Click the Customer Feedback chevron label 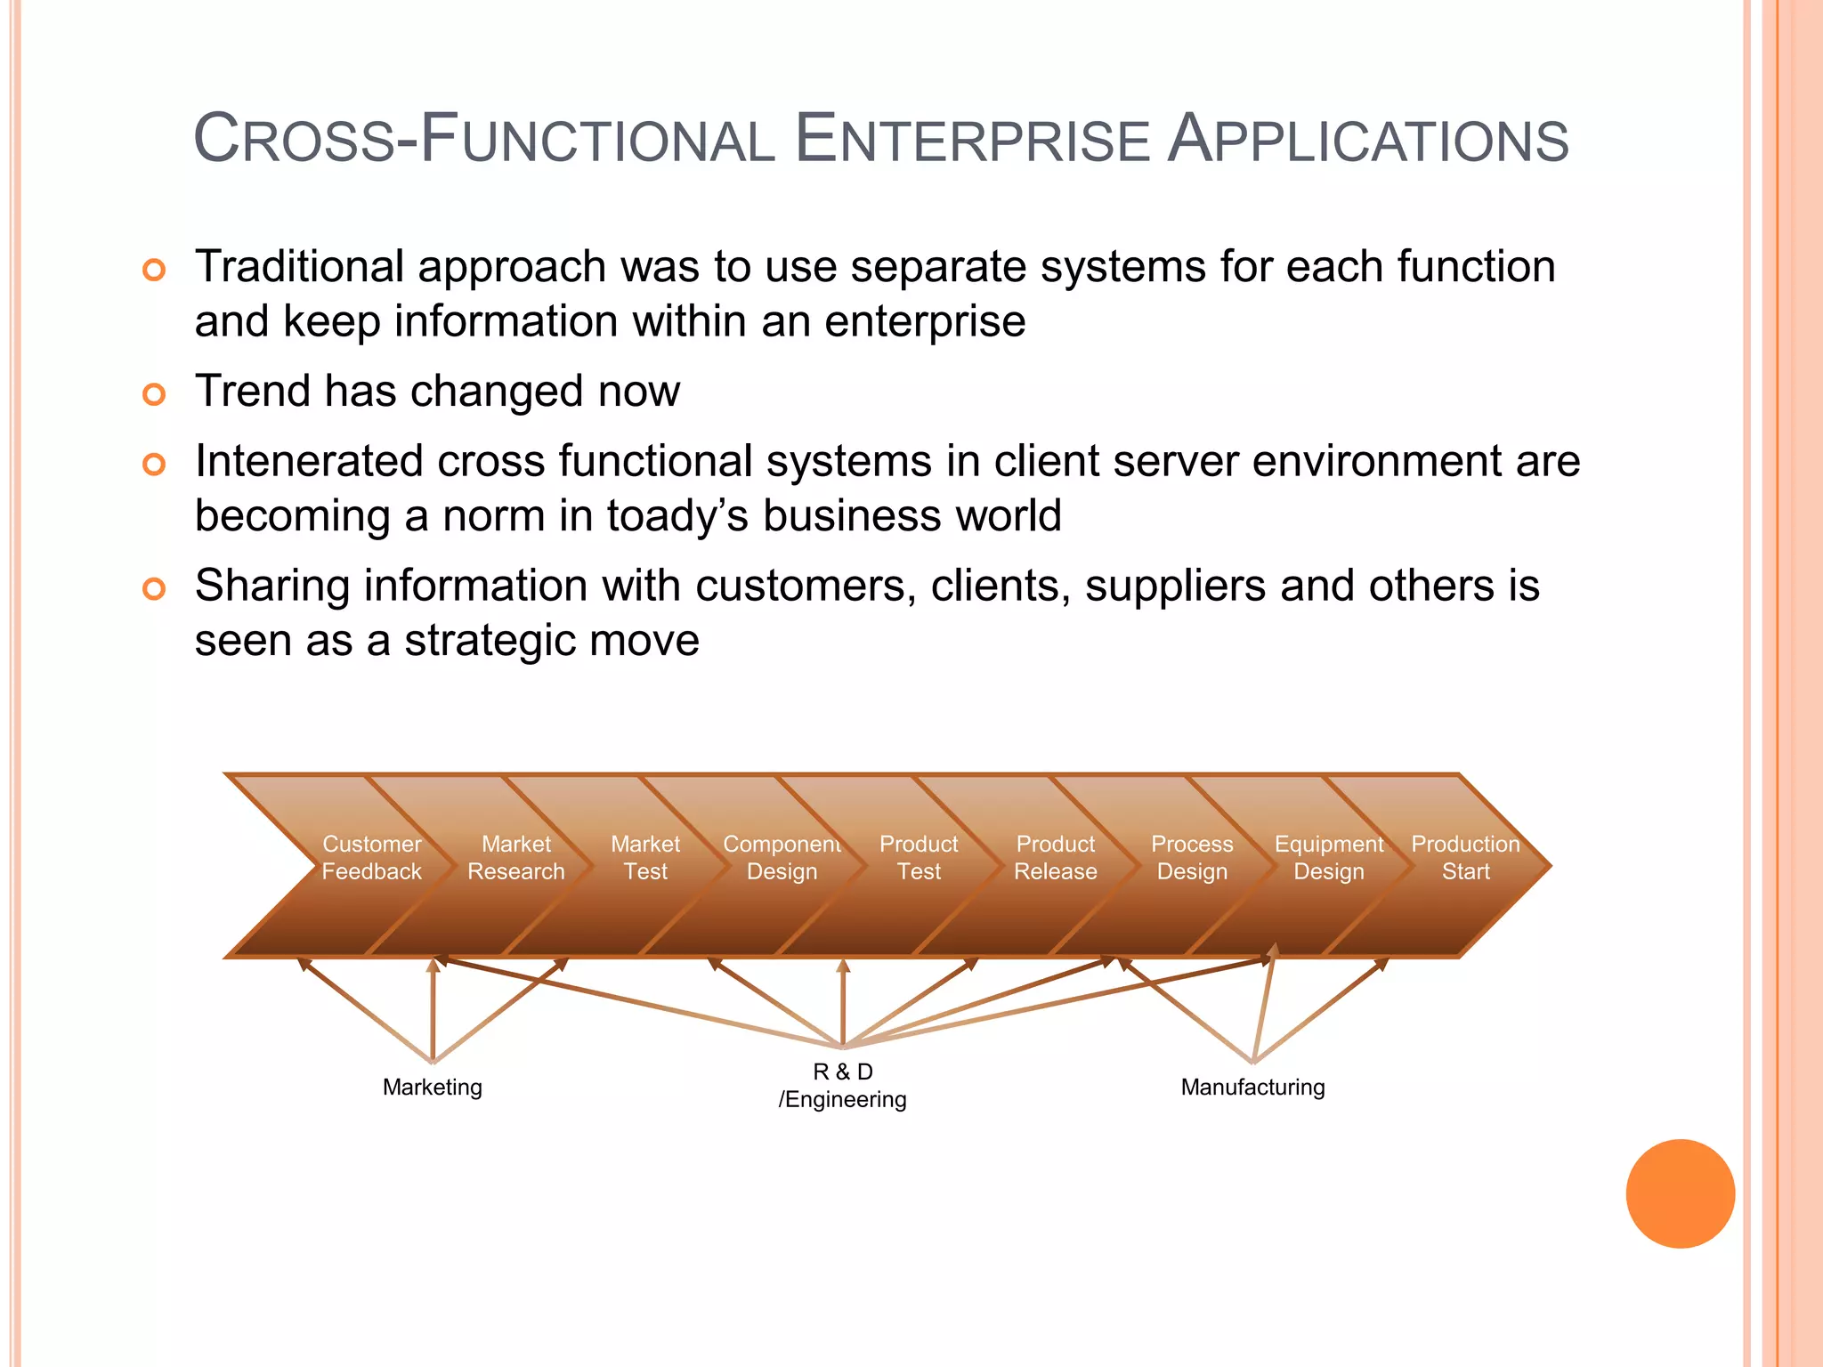click(x=371, y=857)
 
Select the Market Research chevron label click(x=516, y=857)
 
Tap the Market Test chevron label click(x=645, y=857)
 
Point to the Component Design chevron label click(x=782, y=857)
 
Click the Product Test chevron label click(x=919, y=857)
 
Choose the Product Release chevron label click(x=1056, y=857)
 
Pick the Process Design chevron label click(x=1192, y=857)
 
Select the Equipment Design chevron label click(x=1329, y=857)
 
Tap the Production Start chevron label click(x=1465, y=857)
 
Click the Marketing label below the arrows click(x=433, y=1087)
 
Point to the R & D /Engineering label click(x=843, y=1085)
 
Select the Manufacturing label click(x=1252, y=1087)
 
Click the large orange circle click(x=1680, y=1193)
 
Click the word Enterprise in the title click(x=972, y=141)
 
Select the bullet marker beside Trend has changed click(x=154, y=393)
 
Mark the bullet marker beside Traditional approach click(x=154, y=270)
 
